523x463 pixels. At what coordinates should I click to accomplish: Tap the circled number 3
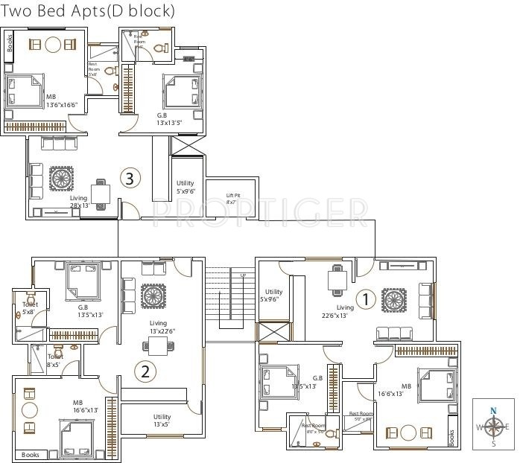(130, 179)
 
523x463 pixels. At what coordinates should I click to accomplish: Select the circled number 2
(145, 371)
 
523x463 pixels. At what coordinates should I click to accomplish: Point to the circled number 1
(365, 299)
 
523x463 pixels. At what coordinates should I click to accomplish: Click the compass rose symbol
(493, 427)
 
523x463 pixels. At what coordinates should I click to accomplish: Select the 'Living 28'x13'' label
(79, 202)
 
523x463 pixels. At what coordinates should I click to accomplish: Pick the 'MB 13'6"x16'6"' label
(61, 101)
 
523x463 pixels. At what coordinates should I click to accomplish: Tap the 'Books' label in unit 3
(10, 45)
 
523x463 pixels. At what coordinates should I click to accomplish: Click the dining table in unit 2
(157, 345)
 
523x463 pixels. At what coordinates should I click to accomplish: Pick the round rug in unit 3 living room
(61, 178)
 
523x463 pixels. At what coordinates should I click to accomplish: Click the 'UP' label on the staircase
(243, 276)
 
